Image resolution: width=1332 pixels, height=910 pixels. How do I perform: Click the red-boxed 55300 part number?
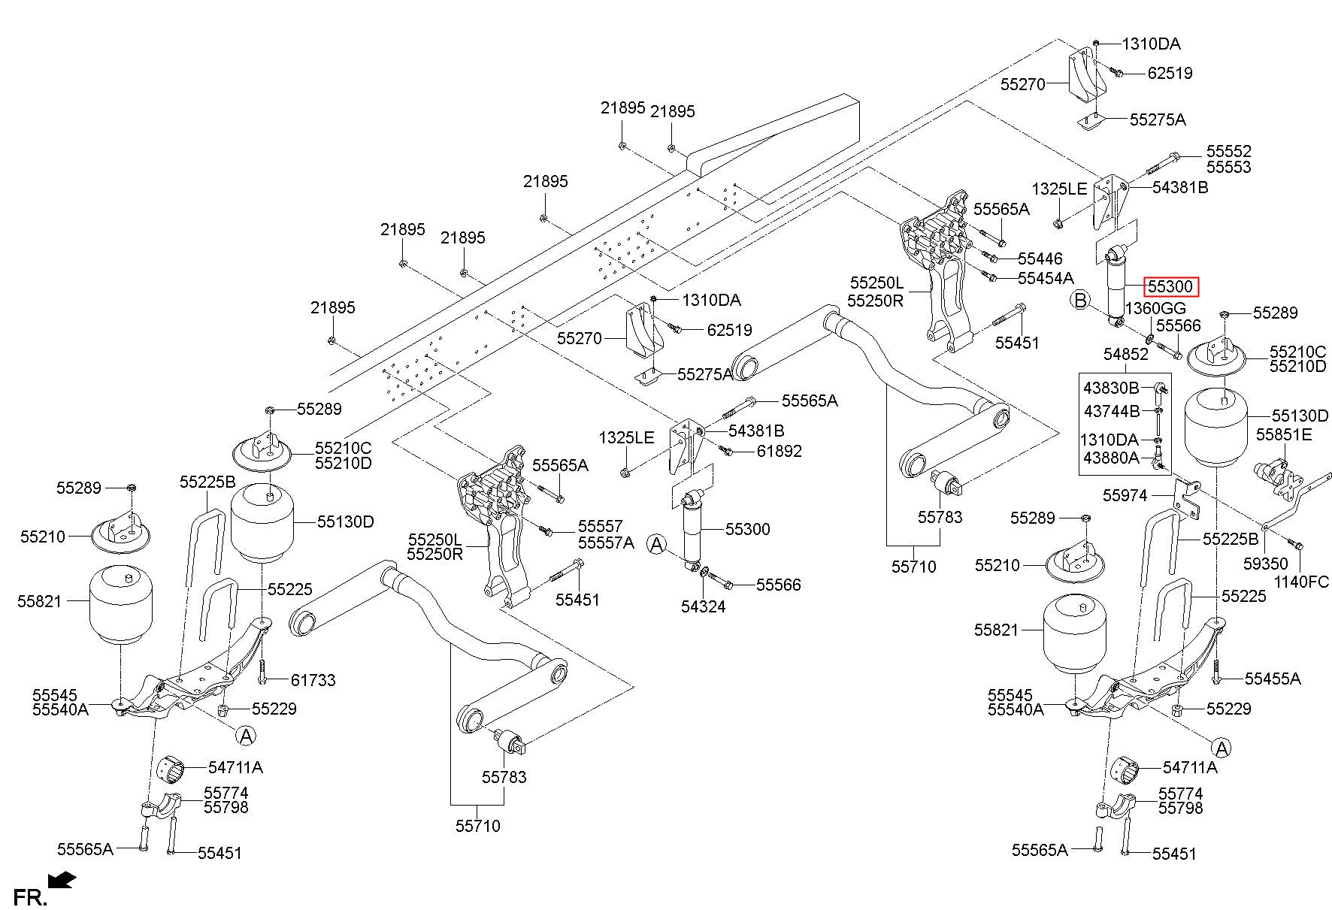(1169, 286)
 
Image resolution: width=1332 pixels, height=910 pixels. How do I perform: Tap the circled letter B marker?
(1080, 301)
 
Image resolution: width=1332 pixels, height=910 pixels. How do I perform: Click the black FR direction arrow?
(61, 878)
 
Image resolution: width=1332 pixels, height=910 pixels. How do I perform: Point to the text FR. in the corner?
(30, 897)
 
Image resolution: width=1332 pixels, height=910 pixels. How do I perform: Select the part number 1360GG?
(1155, 308)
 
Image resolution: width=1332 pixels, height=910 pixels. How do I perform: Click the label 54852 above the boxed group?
(1126, 354)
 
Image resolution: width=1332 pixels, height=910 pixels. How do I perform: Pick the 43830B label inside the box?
(1111, 388)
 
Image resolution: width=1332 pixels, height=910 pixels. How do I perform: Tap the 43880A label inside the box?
(1111, 458)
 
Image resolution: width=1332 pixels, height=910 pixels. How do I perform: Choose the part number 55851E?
(1284, 434)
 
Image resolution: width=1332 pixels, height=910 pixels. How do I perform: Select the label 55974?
(1125, 495)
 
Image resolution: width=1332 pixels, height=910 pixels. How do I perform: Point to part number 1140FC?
(1301, 582)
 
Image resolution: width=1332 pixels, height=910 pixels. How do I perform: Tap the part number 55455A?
(1273, 679)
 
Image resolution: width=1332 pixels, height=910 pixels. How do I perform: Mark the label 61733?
(313, 680)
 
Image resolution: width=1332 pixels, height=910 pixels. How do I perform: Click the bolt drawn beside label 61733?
(262, 671)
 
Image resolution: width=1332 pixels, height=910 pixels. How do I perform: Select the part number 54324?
(703, 606)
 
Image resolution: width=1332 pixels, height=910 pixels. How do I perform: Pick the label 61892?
(779, 451)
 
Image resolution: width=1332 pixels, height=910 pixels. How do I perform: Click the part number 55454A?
(1046, 278)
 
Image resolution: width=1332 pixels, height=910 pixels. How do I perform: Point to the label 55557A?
(606, 543)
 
